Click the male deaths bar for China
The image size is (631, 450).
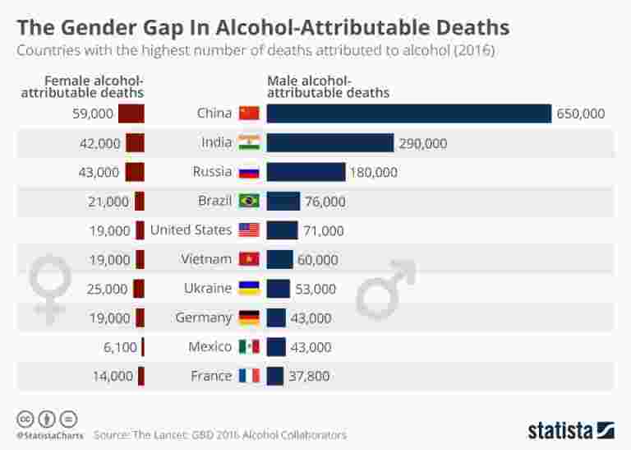(x=408, y=114)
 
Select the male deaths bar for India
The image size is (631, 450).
(x=330, y=143)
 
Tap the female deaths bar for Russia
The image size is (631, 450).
(x=135, y=172)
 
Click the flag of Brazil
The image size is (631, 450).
(x=249, y=202)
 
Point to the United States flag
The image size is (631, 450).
(x=249, y=230)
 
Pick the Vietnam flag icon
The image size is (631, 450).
(x=249, y=260)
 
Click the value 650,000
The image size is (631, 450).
(x=580, y=114)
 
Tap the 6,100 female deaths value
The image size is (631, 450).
(x=120, y=347)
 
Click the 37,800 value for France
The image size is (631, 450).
(x=311, y=376)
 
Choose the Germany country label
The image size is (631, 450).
(x=204, y=318)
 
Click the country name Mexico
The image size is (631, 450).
(x=210, y=346)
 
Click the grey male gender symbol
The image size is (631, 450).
(x=384, y=288)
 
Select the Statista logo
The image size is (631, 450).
(x=570, y=429)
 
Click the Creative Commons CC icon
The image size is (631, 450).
(x=25, y=418)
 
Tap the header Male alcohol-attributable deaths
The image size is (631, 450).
(x=329, y=86)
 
